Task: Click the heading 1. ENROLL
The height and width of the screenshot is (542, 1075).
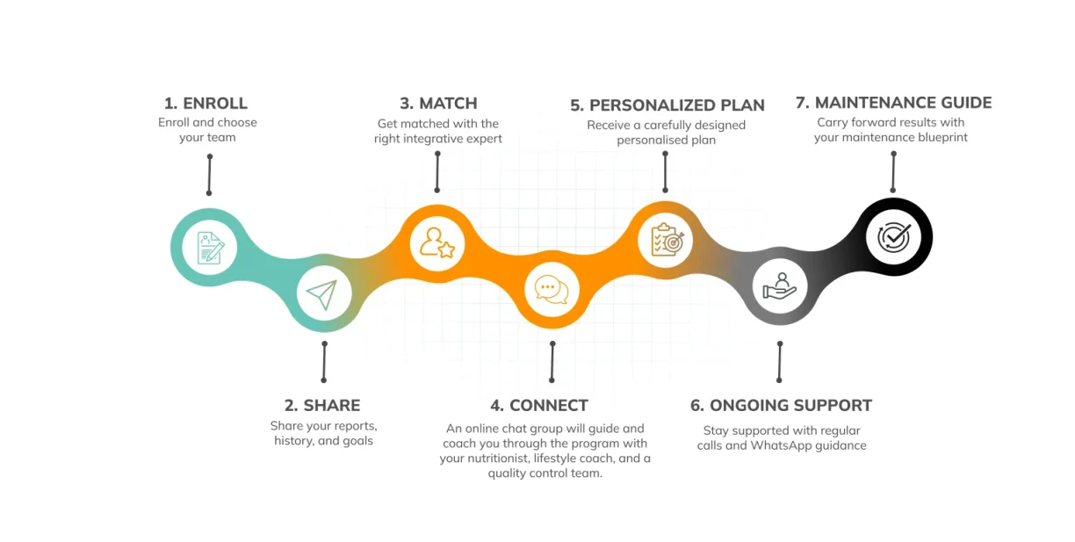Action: [x=206, y=103]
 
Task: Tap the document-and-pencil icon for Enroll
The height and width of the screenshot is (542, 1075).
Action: [x=211, y=248]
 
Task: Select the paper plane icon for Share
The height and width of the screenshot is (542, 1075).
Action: [x=322, y=293]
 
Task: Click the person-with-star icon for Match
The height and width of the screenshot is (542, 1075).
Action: [x=437, y=243]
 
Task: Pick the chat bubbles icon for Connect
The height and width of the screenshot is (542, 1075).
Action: [x=552, y=290]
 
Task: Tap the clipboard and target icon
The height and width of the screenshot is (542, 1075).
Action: [x=667, y=239]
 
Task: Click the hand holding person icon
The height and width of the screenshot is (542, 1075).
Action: [x=780, y=286]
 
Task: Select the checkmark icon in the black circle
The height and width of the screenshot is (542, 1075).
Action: [x=893, y=237]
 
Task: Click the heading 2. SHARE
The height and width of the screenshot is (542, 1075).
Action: [x=322, y=405]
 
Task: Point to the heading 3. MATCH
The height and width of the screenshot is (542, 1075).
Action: [x=438, y=103]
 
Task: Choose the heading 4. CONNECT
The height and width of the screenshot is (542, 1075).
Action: [x=539, y=405]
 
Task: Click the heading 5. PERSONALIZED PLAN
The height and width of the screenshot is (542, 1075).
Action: [x=667, y=105]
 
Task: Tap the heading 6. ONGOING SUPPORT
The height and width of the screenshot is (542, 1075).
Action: [x=781, y=405]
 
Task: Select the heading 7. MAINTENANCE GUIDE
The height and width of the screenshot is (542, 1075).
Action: [x=893, y=103]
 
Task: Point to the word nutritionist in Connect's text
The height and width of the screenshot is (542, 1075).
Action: [x=496, y=458]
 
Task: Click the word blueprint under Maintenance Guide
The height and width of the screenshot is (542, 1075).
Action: [x=942, y=137]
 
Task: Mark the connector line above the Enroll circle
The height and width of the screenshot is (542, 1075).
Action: [x=209, y=175]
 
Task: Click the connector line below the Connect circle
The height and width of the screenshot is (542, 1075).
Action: [x=552, y=362]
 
